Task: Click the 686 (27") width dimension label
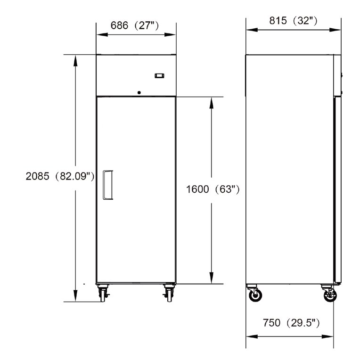[x=135, y=25]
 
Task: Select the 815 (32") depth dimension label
[x=293, y=21]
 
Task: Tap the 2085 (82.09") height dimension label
[x=60, y=176]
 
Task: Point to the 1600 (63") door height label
[x=213, y=189]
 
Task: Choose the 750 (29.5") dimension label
[x=291, y=323]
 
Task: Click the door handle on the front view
[x=108, y=185]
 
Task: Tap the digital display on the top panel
[x=159, y=75]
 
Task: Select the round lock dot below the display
[x=139, y=92]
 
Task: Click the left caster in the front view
[x=103, y=293]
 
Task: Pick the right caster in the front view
[x=169, y=293]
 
